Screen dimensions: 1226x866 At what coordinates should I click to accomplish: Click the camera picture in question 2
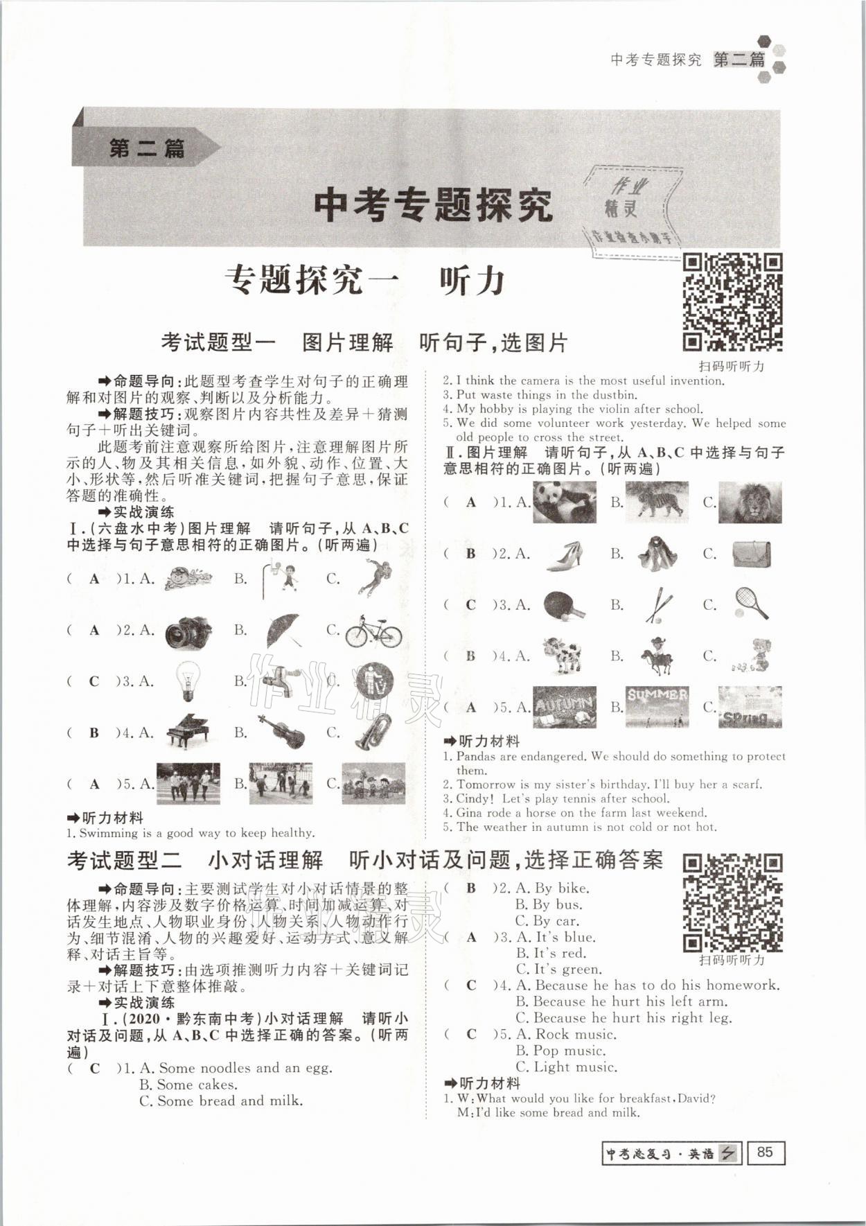coord(188,631)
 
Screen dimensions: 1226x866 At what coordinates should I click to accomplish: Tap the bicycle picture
coord(373,631)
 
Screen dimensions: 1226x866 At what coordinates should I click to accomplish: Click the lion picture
coord(750,502)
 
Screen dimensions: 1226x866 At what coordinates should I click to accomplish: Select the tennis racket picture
coord(751,604)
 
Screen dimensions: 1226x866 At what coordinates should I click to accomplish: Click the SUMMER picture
coord(657,706)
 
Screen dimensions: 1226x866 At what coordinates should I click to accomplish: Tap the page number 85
coord(765,1152)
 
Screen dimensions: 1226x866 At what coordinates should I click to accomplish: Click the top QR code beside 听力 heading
coord(733,303)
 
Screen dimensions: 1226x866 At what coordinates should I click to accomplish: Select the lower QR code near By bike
coord(733,902)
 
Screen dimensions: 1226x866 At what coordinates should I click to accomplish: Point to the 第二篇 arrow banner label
coord(147,148)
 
